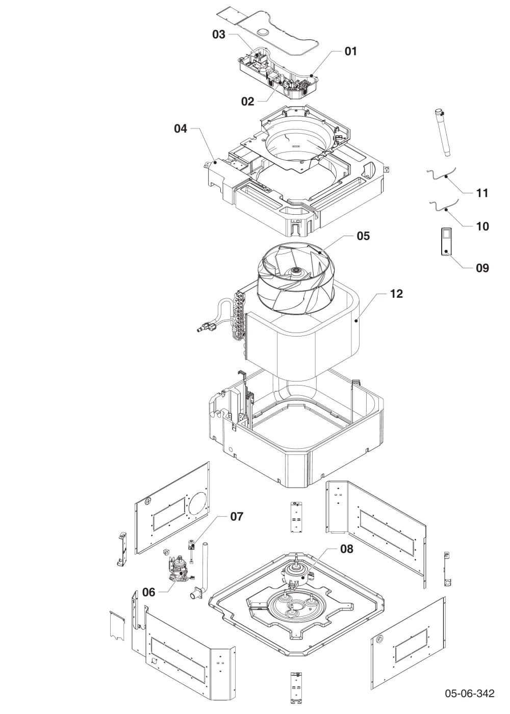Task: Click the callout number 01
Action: (351, 51)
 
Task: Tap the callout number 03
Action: (219, 35)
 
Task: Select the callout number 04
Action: (181, 129)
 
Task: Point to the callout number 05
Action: (363, 236)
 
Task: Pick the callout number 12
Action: (397, 294)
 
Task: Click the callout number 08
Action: (347, 549)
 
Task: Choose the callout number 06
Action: (148, 592)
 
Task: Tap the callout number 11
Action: (482, 193)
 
